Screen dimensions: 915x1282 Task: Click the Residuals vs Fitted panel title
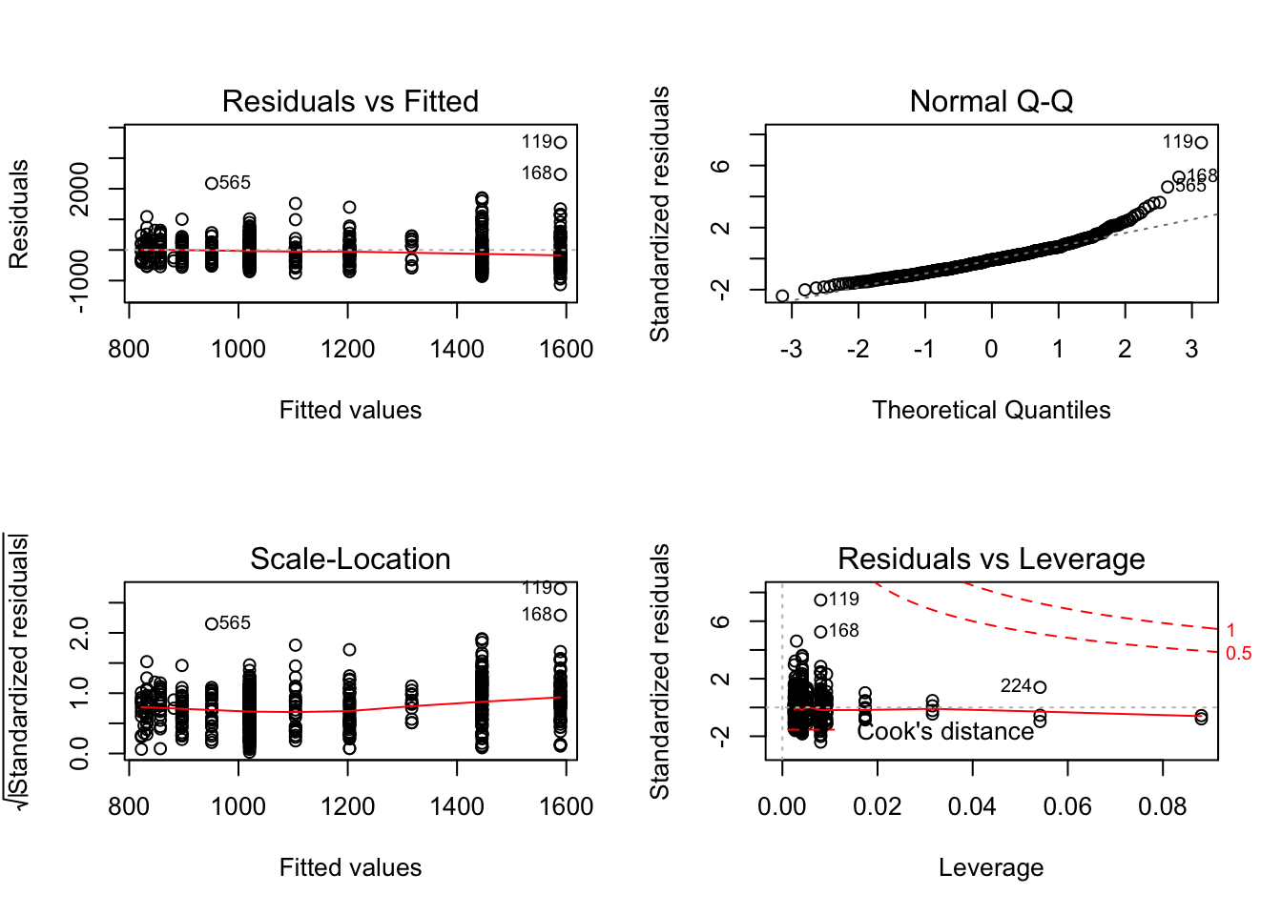pyautogui.click(x=350, y=101)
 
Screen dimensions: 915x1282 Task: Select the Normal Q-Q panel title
pyautogui.click(x=991, y=101)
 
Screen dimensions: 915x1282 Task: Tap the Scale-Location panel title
pyautogui.click(x=350, y=559)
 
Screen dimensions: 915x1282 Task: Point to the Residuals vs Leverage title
pyautogui.click(x=991, y=559)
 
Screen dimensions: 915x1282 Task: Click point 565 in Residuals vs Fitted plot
pyautogui.click(x=212, y=183)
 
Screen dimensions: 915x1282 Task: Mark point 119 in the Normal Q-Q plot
pyautogui.click(x=1201, y=143)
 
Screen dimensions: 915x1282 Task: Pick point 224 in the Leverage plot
pyautogui.click(x=1040, y=687)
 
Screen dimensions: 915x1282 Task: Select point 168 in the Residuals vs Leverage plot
pyautogui.click(x=820, y=632)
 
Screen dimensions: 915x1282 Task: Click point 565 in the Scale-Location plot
pyautogui.click(x=212, y=624)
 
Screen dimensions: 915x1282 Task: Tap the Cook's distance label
pyautogui.click(x=945, y=731)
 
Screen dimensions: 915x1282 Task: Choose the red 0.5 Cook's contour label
pyautogui.click(x=1238, y=654)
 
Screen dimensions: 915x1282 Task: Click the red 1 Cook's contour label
pyautogui.click(x=1230, y=630)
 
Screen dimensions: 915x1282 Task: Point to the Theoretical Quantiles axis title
pyautogui.click(x=991, y=410)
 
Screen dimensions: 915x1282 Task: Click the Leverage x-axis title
pyautogui.click(x=991, y=867)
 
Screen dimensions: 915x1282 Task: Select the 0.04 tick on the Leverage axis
pyautogui.click(x=972, y=807)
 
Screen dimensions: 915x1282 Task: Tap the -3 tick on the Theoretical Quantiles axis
pyautogui.click(x=791, y=350)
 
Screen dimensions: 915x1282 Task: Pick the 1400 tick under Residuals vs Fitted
pyautogui.click(x=457, y=350)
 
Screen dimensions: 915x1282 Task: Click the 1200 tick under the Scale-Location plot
pyautogui.click(x=348, y=807)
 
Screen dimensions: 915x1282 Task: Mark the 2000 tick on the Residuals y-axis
pyautogui.click(x=80, y=189)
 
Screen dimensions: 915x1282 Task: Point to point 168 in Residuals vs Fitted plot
pyautogui.click(x=560, y=174)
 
